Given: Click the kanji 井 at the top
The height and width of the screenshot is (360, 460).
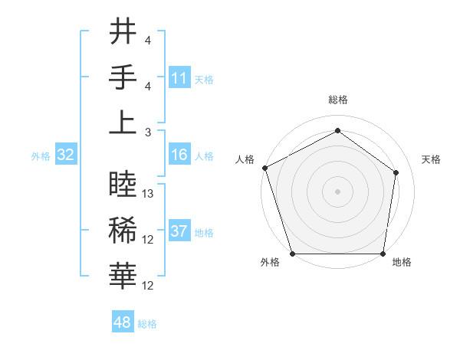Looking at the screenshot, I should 123,32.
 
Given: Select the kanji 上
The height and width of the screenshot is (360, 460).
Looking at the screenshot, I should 123,123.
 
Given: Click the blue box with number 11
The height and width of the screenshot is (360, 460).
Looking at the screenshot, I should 179,77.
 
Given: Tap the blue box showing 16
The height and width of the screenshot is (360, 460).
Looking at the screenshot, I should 179,155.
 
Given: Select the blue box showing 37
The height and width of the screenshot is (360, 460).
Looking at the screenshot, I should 179,231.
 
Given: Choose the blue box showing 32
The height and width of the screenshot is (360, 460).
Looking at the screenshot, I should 66,155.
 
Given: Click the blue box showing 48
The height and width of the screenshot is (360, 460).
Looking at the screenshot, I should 123,323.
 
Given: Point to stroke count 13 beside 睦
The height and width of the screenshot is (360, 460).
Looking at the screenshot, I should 149,194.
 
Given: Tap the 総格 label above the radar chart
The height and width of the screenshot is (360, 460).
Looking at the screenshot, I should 338,100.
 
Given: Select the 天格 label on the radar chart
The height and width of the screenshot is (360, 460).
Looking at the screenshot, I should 431,159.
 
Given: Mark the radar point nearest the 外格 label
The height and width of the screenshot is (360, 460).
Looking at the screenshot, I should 292,254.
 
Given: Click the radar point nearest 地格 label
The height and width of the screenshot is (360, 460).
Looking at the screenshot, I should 383,254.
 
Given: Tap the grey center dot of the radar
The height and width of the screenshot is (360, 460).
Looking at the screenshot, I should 338,191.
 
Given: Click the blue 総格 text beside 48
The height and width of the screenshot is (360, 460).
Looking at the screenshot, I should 147,324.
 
